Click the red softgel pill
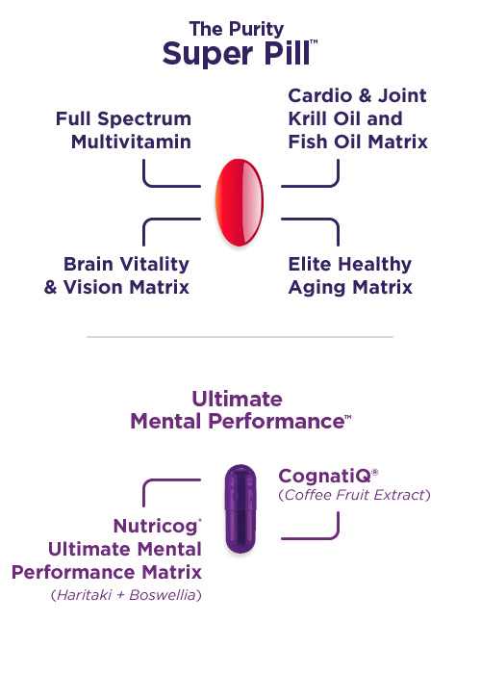tap(240, 202)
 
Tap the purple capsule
tap(240, 508)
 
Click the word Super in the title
tap(208, 54)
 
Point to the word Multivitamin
tap(131, 142)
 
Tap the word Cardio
tap(320, 95)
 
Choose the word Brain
tap(89, 264)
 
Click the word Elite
tap(310, 264)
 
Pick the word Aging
tap(316, 288)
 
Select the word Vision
tap(93, 287)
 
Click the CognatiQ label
tap(325, 477)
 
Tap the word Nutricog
tap(155, 527)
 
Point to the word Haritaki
tap(85, 595)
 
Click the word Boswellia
tap(163, 595)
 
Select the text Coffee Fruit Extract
tap(354, 495)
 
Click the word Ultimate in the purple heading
tap(237, 399)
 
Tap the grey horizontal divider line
tap(240, 337)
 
